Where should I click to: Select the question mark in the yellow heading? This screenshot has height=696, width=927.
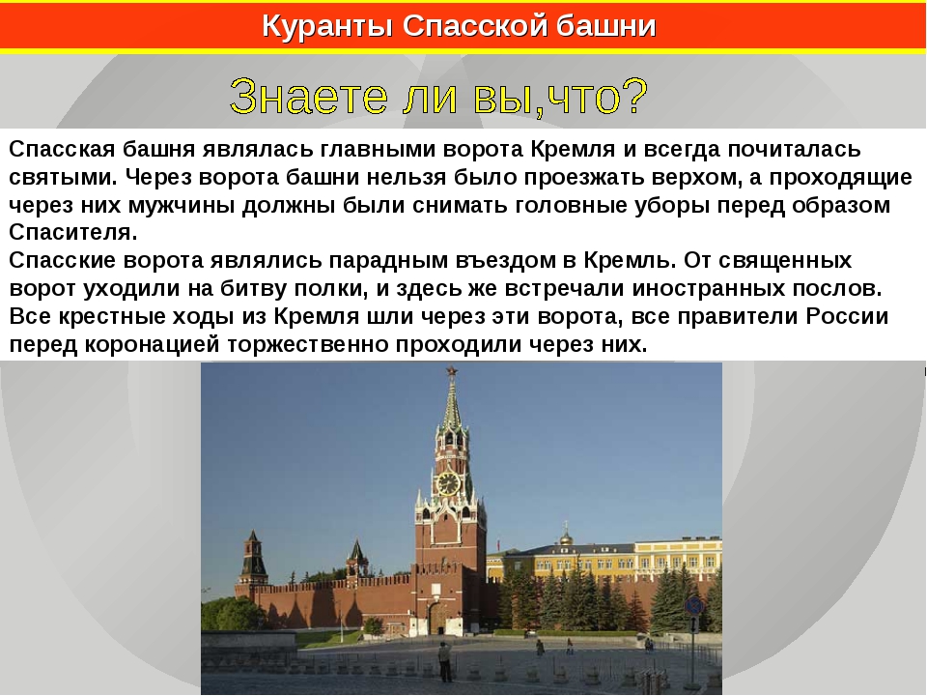tap(635, 96)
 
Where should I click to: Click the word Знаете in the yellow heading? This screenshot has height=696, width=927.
tap(308, 96)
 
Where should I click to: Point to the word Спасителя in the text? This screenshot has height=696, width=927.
tap(72, 232)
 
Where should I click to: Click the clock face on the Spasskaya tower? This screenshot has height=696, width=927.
tap(447, 483)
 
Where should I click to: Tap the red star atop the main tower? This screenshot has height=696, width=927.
tap(452, 371)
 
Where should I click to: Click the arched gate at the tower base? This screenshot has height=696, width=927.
tap(439, 619)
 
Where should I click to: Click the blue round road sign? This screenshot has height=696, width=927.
tap(694, 605)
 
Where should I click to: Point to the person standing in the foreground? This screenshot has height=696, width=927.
tap(444, 661)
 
